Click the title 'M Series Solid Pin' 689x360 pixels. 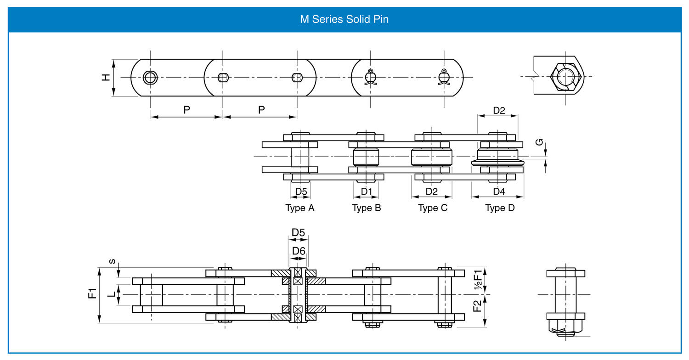(344, 20)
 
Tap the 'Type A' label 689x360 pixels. (299, 208)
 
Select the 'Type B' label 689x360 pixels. (366, 208)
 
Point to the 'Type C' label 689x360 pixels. (432, 208)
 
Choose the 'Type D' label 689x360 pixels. (500, 208)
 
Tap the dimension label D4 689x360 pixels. (498, 191)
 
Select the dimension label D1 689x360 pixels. (366, 191)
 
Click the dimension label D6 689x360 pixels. (299, 251)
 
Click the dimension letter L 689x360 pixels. (111, 294)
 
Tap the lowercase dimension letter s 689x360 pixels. (112, 261)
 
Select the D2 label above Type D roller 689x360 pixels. (499, 110)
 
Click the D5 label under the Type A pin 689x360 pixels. (301, 191)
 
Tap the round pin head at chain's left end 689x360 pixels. (150, 78)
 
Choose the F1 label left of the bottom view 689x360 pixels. (92, 293)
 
